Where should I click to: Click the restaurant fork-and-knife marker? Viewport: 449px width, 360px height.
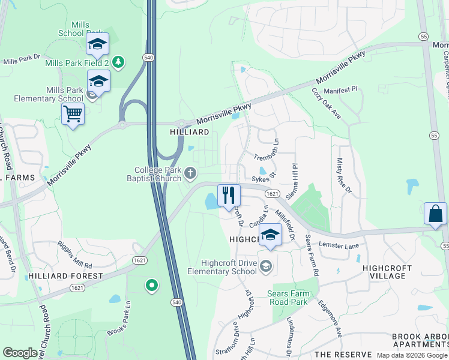click(x=228, y=196)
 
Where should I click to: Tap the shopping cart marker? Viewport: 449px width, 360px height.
click(x=73, y=113)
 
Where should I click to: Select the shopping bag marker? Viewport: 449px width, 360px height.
click(x=435, y=214)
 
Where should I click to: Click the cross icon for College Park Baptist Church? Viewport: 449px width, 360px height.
click(x=190, y=174)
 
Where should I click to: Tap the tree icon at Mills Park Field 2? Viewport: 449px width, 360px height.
click(x=118, y=61)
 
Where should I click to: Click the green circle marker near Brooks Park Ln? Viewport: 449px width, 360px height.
click(x=151, y=286)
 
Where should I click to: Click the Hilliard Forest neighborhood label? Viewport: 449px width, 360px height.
click(x=65, y=276)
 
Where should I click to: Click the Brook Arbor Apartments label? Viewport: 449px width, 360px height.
click(x=420, y=340)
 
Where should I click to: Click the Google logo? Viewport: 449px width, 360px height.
click(x=20, y=353)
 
